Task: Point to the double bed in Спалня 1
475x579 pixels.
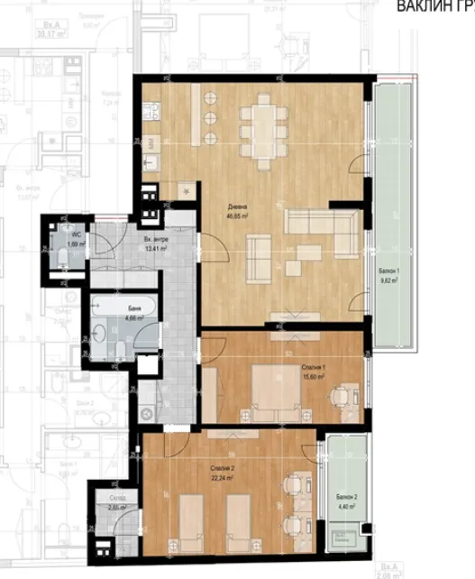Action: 256,389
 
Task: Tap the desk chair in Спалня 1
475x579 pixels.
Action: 340,394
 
